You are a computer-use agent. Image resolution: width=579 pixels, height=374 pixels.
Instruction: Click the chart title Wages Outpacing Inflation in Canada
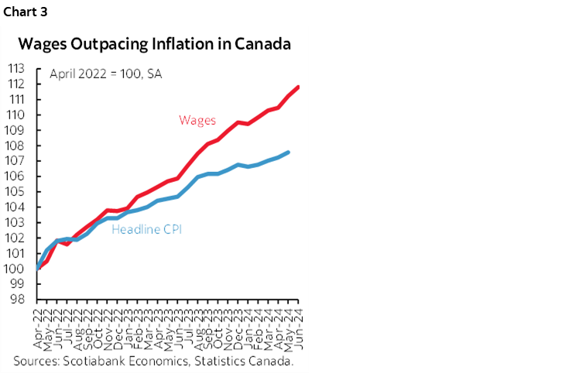point(155,44)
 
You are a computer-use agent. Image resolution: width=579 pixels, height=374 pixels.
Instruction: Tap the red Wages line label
point(197,120)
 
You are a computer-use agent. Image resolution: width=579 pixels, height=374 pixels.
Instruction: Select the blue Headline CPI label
point(147,229)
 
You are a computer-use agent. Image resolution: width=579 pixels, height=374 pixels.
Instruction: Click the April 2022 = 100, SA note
point(104,74)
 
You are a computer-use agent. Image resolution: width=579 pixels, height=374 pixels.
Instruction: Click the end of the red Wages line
point(299,87)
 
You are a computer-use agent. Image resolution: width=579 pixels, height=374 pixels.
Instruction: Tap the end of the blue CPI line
point(289,152)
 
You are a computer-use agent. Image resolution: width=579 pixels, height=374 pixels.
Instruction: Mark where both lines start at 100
point(38,269)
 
